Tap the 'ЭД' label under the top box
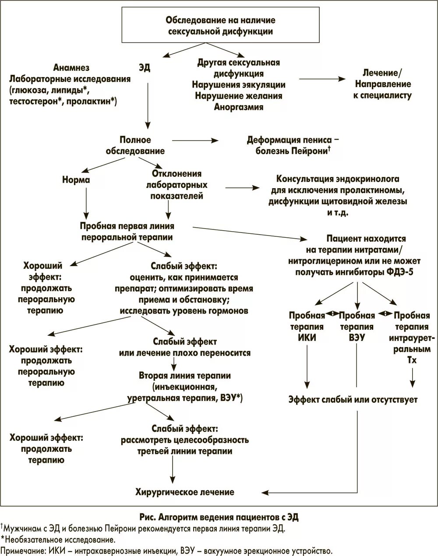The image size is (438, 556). [x=144, y=68]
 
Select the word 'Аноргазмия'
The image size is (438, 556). [x=238, y=107]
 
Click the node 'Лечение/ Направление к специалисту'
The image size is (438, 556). [x=382, y=84]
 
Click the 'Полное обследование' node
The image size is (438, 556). [x=135, y=145]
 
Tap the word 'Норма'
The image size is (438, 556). [x=76, y=180]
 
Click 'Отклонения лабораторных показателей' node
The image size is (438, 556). [x=177, y=185]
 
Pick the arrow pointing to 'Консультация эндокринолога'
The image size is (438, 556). [x=242, y=187]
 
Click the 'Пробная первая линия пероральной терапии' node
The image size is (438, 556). [x=127, y=232]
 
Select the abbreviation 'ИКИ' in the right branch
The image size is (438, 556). [x=307, y=338]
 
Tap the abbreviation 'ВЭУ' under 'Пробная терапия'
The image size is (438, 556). [x=357, y=338]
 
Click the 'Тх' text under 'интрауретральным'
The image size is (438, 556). [x=411, y=361]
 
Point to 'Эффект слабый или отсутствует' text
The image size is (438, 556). [x=353, y=400]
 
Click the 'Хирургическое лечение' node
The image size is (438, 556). [x=185, y=492]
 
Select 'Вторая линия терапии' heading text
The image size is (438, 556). [x=184, y=376]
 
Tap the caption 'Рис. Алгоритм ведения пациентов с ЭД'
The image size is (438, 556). [x=219, y=517]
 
